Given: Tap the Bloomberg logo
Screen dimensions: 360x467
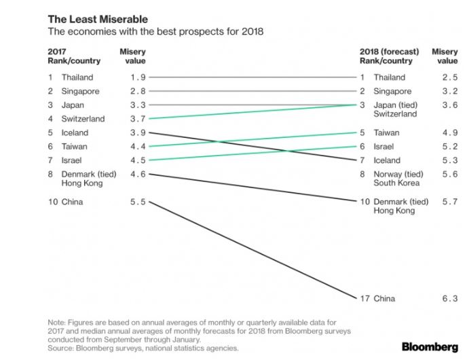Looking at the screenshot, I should click(x=424, y=346).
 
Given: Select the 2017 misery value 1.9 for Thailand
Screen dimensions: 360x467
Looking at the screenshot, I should click(x=138, y=77).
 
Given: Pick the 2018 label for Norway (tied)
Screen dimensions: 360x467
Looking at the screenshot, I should click(x=400, y=174).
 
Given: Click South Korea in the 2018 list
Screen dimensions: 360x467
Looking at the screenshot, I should click(x=396, y=183).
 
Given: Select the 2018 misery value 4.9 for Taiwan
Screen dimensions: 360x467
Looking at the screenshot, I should click(x=449, y=133).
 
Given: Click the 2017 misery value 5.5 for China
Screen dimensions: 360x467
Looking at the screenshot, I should click(x=138, y=202).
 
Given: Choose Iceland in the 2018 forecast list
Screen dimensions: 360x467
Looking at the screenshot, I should click(x=387, y=160).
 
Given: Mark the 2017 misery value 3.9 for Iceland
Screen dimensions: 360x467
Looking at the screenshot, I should click(x=138, y=132).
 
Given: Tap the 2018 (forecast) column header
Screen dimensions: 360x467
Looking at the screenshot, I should click(x=389, y=52).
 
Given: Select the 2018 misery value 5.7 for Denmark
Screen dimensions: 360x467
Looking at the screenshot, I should click(x=449, y=202).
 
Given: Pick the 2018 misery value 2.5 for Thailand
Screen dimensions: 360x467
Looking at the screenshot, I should click(x=449, y=77).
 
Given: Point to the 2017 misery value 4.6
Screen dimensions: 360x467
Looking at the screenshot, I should click(x=138, y=174).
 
